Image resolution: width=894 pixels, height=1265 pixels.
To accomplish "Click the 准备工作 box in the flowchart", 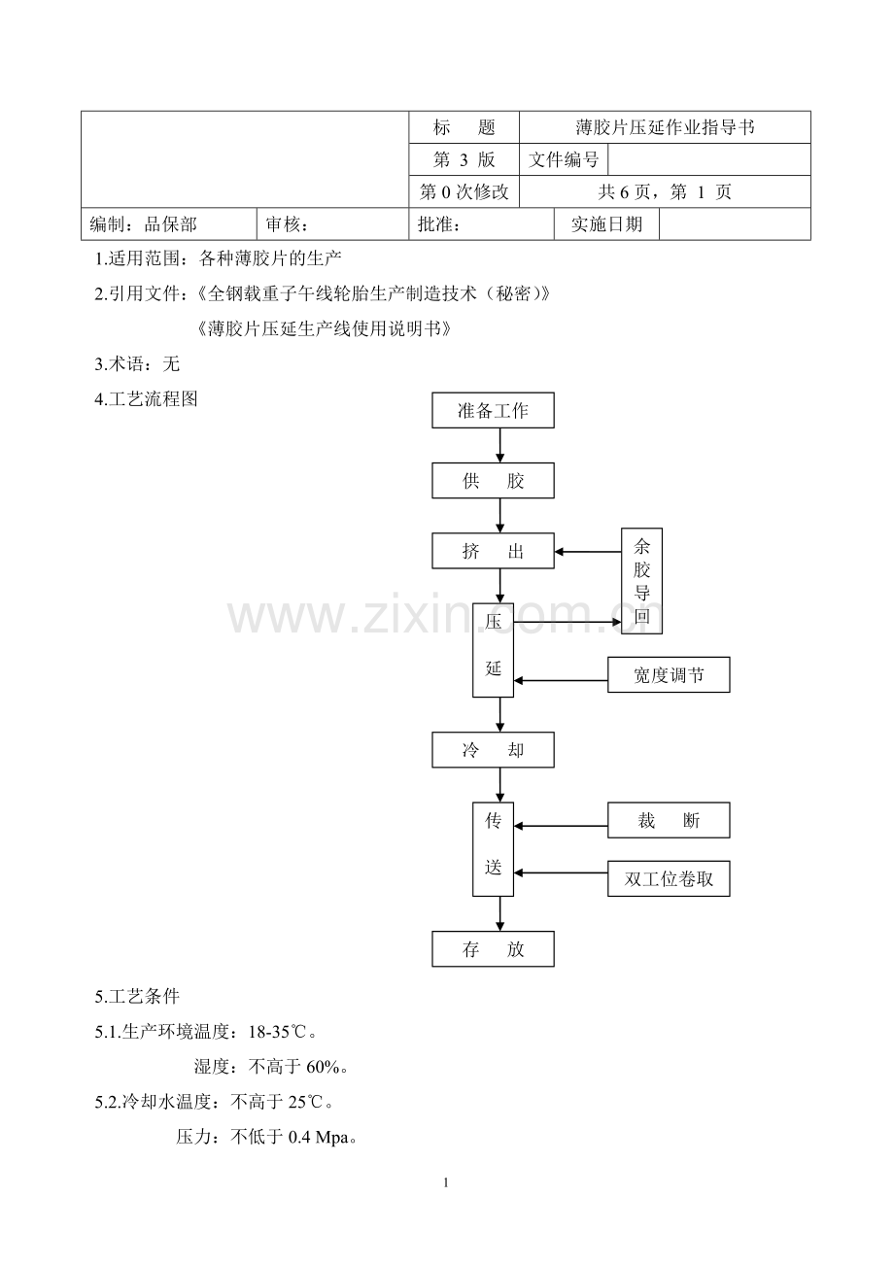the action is pyautogui.click(x=493, y=410).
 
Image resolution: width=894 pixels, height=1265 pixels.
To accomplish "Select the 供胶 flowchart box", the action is pyautogui.click(x=493, y=481).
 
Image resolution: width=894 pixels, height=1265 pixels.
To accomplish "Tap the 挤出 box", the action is pyautogui.click(x=493, y=551).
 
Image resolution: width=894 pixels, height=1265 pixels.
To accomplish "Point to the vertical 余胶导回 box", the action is pyautogui.click(x=641, y=581).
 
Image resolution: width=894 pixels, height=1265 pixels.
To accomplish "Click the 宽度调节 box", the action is pyautogui.click(x=669, y=675).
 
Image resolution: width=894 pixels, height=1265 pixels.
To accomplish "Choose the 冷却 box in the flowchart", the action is pyautogui.click(x=493, y=750).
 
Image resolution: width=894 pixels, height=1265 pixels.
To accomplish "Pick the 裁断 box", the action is pyautogui.click(x=669, y=820).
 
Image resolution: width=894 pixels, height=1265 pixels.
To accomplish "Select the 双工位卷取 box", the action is pyautogui.click(x=669, y=878).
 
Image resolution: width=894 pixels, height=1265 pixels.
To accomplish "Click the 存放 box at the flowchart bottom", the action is pyautogui.click(x=493, y=949).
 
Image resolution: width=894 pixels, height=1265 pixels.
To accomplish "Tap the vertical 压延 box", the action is pyautogui.click(x=493, y=650).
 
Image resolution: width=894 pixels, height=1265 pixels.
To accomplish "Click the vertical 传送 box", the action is pyautogui.click(x=493, y=849).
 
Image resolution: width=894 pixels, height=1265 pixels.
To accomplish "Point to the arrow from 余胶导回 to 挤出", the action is pyautogui.click(x=588, y=552).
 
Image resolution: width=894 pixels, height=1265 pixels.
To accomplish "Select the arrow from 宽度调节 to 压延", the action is pyautogui.click(x=561, y=680).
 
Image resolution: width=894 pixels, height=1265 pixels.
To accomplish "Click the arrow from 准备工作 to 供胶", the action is pyautogui.click(x=499, y=446).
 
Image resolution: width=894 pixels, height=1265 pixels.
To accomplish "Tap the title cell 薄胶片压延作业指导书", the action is pyautogui.click(x=665, y=127).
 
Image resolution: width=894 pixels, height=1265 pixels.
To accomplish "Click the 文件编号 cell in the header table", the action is pyautogui.click(x=564, y=159).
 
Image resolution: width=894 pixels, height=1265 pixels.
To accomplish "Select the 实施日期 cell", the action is pyautogui.click(x=606, y=224).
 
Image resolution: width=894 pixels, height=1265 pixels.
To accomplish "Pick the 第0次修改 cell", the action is pyautogui.click(x=464, y=192).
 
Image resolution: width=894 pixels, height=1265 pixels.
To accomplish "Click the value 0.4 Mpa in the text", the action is pyautogui.click(x=319, y=1137).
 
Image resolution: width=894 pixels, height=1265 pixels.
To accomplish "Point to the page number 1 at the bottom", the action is pyautogui.click(x=446, y=1182).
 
